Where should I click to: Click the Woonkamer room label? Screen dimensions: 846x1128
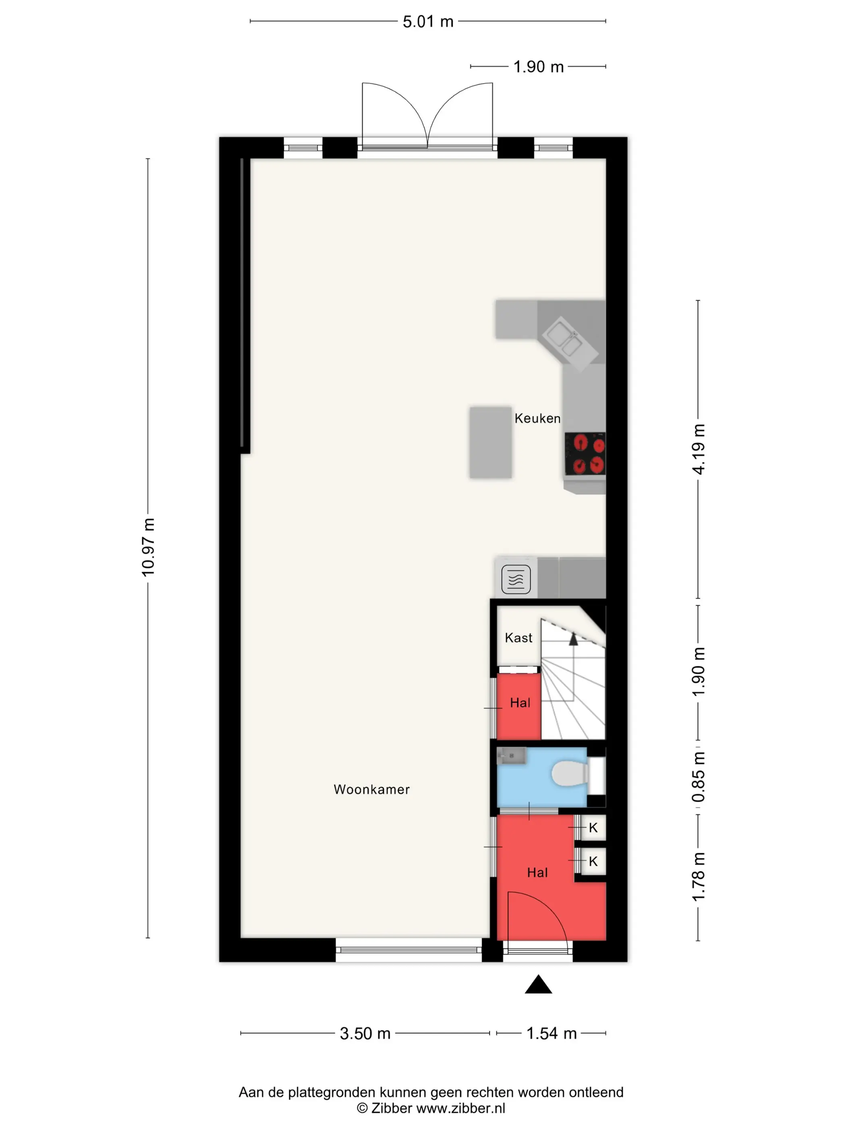pyautogui.click(x=371, y=789)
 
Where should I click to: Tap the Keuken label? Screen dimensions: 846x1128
pyautogui.click(x=537, y=418)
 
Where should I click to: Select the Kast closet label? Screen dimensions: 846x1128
pyautogui.click(x=518, y=637)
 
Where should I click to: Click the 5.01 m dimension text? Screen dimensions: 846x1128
pyautogui.click(x=428, y=21)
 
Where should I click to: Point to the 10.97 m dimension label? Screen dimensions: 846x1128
pyautogui.click(x=148, y=547)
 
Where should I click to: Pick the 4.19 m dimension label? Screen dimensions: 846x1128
pyautogui.click(x=698, y=449)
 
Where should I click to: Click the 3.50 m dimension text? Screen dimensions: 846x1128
pyautogui.click(x=365, y=1033)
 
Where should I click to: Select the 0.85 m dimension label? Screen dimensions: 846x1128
pyautogui.click(x=698, y=777)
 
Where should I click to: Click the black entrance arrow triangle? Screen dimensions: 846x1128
pyautogui.click(x=539, y=984)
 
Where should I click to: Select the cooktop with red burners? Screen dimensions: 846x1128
pyautogui.click(x=585, y=454)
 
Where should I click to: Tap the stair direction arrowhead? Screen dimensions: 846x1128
pyautogui.click(x=574, y=639)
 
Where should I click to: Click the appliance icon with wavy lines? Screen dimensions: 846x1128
pyautogui.click(x=516, y=580)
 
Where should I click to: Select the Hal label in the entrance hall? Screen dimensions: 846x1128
pyautogui.click(x=537, y=873)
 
